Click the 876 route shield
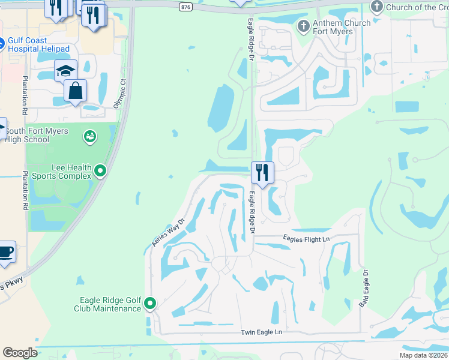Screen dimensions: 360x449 tap(185, 7)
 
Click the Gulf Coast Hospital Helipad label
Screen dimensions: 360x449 tap(38, 45)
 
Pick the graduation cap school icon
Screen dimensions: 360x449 tap(65, 71)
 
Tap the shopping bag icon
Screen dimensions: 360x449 tap(75, 91)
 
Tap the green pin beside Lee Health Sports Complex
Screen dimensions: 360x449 tap(101, 172)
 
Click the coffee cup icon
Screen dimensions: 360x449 tap(5, 252)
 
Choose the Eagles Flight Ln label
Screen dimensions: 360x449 tap(307, 239)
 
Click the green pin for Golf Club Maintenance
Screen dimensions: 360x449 tap(149, 304)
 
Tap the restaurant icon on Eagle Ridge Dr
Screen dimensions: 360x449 tap(262, 172)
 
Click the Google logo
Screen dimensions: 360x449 tap(20, 353)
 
